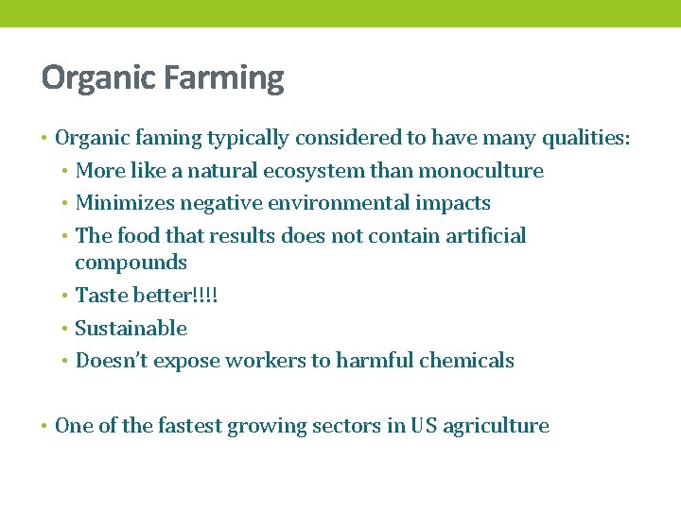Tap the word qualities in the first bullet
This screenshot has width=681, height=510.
click(585, 139)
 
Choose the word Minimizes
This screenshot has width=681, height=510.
click(118, 203)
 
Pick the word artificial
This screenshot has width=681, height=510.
click(480, 235)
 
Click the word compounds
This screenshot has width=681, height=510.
click(131, 263)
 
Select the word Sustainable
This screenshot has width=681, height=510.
click(131, 329)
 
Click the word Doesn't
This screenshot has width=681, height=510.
click(112, 361)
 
